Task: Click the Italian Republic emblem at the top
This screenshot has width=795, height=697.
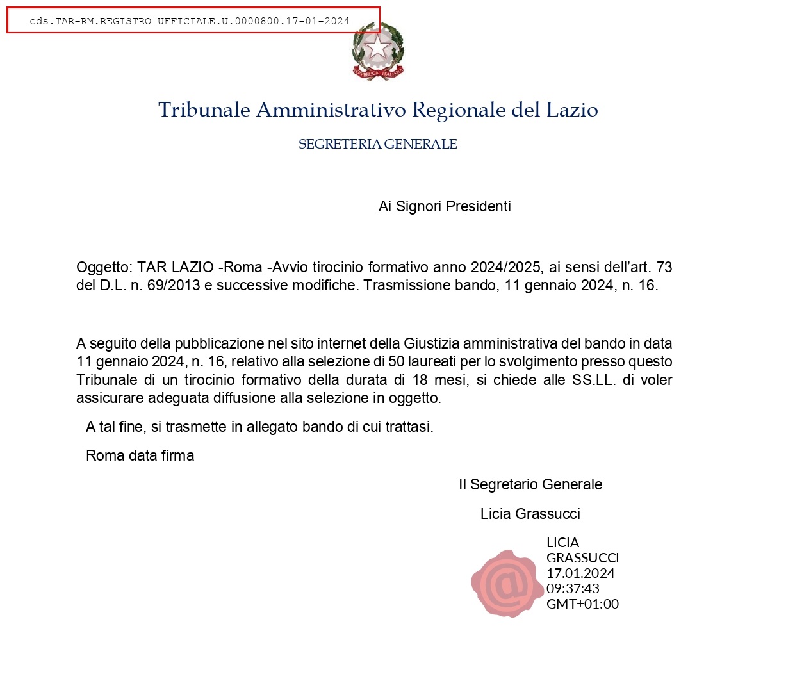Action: [378, 52]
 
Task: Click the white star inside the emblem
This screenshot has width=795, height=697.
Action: [378, 47]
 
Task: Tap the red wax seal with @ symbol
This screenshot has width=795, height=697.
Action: [507, 583]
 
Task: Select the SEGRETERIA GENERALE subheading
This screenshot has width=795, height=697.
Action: [377, 144]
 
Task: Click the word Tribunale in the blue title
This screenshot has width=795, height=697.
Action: [204, 110]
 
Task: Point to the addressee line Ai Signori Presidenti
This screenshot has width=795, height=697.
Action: [445, 206]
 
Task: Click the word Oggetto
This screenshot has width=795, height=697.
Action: [104, 268]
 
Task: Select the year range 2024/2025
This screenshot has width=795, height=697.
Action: [505, 267]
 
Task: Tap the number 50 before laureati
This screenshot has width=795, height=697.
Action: [397, 361]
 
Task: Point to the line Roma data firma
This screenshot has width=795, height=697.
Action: [140, 455]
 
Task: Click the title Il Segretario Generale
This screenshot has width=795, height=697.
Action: [530, 484]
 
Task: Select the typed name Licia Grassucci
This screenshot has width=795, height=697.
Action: [530, 514]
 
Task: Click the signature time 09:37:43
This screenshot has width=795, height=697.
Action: [573, 588]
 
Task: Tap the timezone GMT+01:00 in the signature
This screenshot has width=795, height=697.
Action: [582, 603]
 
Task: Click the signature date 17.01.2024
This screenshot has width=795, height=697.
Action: [580, 573]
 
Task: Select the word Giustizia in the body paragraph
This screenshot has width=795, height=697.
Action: [431, 343]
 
